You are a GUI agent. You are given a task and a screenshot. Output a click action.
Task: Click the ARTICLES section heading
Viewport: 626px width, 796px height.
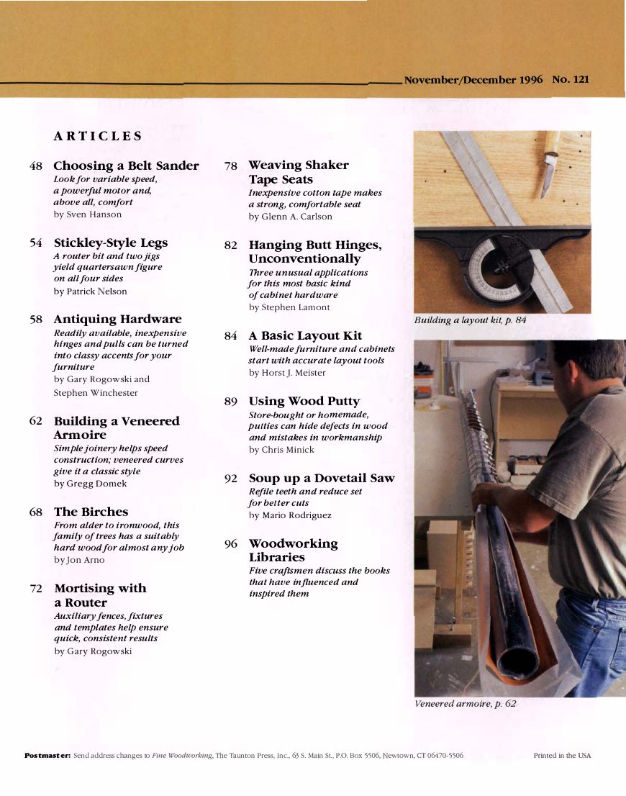pos(98,136)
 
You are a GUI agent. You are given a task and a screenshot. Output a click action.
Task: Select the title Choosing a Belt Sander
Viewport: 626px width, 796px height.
pos(126,166)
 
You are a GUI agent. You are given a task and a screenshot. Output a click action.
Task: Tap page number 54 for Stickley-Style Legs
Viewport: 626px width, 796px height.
pos(36,243)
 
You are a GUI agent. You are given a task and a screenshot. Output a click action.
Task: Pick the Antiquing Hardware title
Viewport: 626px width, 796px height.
pos(117,319)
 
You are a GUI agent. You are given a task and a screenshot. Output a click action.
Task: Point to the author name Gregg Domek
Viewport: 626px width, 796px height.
pos(90,484)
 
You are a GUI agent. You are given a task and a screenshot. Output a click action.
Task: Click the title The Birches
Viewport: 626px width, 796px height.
pos(91,512)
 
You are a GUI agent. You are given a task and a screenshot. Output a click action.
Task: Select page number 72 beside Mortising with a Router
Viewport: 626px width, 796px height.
pos(36,589)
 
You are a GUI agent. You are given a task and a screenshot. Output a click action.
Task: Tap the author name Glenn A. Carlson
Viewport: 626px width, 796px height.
pos(290,217)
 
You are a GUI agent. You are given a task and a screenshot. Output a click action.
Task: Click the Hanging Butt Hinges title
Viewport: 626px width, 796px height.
pos(315,252)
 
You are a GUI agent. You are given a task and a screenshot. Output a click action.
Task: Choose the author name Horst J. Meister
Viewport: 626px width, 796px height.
pos(287,373)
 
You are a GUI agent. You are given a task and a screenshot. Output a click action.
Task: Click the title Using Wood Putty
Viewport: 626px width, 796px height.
pos(304,401)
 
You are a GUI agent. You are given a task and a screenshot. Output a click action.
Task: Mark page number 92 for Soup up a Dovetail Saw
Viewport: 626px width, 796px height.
pos(230,479)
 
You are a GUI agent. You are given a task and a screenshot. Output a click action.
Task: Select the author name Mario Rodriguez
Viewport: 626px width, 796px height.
pos(290,515)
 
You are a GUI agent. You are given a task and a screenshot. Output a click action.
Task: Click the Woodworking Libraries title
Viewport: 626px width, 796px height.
pos(293,551)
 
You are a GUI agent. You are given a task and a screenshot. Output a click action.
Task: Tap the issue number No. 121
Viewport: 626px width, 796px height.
pos(570,79)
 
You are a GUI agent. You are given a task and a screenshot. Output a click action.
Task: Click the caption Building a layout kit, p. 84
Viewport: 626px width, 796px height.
pos(470,320)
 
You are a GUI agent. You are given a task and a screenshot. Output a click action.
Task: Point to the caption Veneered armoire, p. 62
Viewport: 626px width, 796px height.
pos(465,703)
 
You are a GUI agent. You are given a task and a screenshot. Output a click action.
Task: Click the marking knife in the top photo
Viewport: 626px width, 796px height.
pos(549,166)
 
